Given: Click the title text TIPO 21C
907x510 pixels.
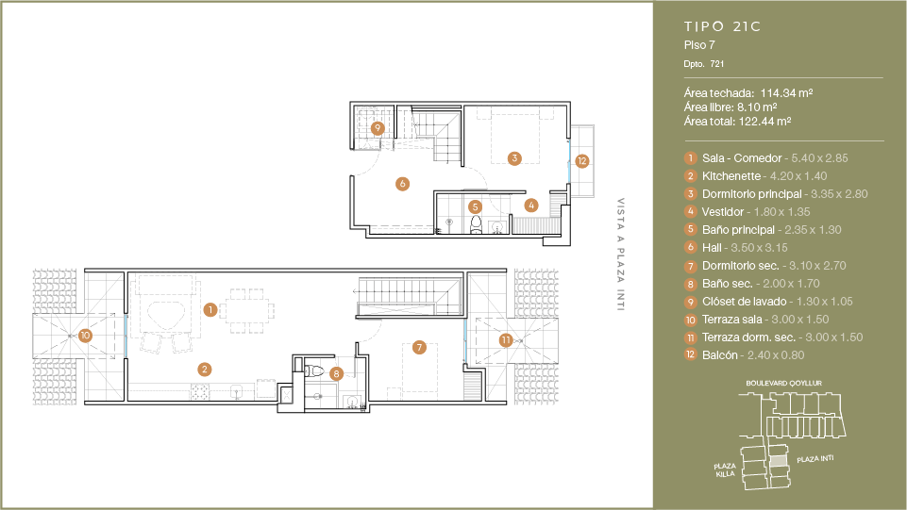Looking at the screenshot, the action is [722, 26].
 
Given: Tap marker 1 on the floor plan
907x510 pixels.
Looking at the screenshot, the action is [210, 309].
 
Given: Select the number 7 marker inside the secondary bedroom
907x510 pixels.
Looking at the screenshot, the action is [419, 347].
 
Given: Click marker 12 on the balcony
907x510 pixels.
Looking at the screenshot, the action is [582, 161].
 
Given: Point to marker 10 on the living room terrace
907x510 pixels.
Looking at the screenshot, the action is [86, 335].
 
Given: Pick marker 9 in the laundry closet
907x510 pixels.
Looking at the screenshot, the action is [378, 127].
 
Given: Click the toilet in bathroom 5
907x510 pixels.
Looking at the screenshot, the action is [476, 224].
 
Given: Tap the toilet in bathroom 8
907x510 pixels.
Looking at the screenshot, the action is [314, 370].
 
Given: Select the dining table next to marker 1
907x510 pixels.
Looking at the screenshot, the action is [249, 311].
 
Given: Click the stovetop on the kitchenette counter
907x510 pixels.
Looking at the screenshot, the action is [199, 392].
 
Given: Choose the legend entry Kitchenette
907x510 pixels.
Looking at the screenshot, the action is [731, 176].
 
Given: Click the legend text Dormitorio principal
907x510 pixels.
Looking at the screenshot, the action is [752, 194].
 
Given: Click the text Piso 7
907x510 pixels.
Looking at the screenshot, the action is [699, 45].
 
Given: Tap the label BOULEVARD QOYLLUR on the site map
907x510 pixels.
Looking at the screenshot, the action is [783, 383].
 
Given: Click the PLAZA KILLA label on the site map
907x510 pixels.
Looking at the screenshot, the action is [725, 470].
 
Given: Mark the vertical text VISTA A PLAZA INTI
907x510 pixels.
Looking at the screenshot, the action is [621, 255].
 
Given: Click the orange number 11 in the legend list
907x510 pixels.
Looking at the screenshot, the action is [690, 337].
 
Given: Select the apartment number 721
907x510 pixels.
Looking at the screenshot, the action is [717, 64].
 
